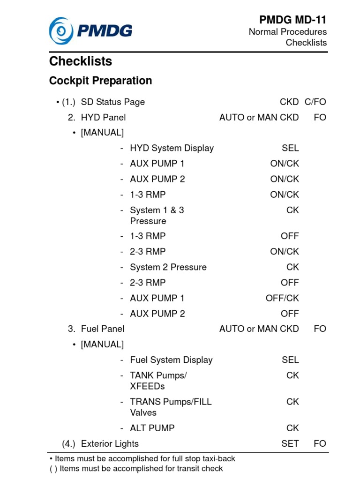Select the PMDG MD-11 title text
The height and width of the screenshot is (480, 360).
coord(292,20)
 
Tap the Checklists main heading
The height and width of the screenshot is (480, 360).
coord(81,61)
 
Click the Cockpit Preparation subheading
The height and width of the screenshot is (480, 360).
coord(100,81)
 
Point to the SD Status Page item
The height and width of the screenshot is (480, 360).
coord(112,102)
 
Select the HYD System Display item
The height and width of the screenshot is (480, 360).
coord(172,148)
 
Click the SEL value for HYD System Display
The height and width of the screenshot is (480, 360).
coord(290,148)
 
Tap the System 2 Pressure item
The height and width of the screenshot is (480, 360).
coord(168,267)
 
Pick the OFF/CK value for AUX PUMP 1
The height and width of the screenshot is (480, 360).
coord(282,298)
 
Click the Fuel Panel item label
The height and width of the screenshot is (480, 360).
coord(103,329)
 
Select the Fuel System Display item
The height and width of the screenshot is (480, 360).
coord(171,360)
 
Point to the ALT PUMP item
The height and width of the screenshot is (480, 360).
coord(152,428)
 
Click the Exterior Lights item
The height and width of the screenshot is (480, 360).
coord(110,443)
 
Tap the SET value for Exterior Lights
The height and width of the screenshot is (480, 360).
coord(290,443)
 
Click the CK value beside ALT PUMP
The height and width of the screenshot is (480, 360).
coord(292,428)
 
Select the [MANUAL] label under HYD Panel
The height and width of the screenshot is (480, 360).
coord(102,133)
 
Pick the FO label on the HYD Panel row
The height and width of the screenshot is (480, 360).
coord(320,117)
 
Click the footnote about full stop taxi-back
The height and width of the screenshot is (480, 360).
coord(142,458)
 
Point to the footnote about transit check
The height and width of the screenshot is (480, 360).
coord(136,468)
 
